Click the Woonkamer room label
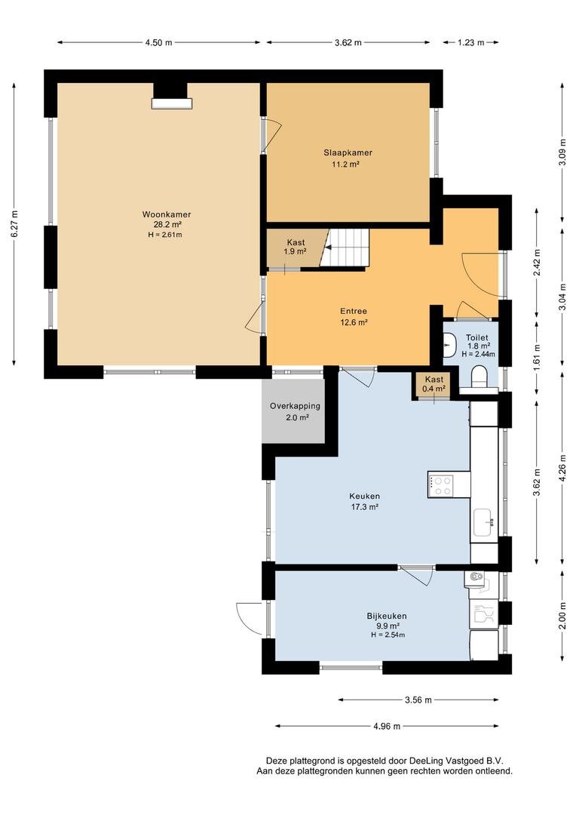[x=167, y=214]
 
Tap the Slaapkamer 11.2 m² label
[x=348, y=158]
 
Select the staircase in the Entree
[x=344, y=248]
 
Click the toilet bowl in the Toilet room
[x=479, y=377]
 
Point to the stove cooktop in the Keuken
[x=440, y=485]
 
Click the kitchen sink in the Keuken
[x=483, y=521]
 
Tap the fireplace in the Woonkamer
[x=171, y=103]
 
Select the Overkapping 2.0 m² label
[x=295, y=411]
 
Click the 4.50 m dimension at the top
[x=158, y=42]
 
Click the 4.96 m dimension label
[x=387, y=726]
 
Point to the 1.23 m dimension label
[x=470, y=42]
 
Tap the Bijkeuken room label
[x=387, y=616]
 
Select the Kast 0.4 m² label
[x=434, y=383]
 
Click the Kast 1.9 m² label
[x=296, y=246]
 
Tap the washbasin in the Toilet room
[x=450, y=343]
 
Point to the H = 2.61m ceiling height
[x=165, y=235]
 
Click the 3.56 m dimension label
[x=418, y=700]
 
